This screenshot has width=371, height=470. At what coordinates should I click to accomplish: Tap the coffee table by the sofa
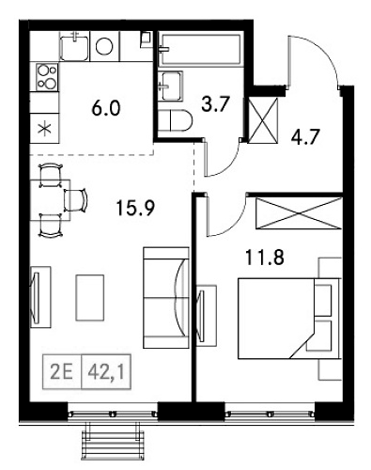coord(90,298)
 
